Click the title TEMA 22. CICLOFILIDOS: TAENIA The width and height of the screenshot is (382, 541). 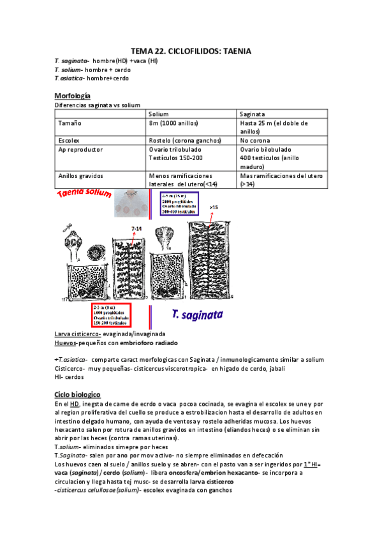(x=191, y=51)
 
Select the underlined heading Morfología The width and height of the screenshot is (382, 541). (x=72, y=96)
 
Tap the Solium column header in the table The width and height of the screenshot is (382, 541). (x=159, y=114)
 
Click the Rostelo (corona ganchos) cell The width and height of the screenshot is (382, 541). (x=184, y=139)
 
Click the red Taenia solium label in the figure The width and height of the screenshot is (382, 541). (x=84, y=194)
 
